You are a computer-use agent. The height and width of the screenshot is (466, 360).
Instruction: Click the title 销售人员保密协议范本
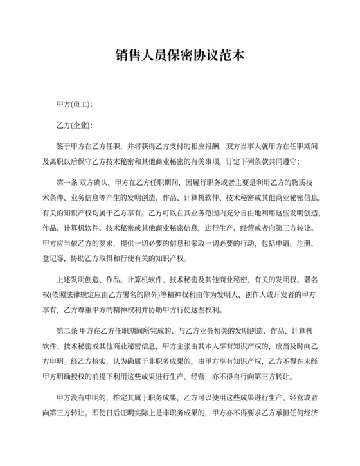[180, 57]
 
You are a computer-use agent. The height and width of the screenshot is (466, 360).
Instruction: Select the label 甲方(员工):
[75, 104]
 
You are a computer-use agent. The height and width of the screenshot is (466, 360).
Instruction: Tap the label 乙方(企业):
[75, 125]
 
